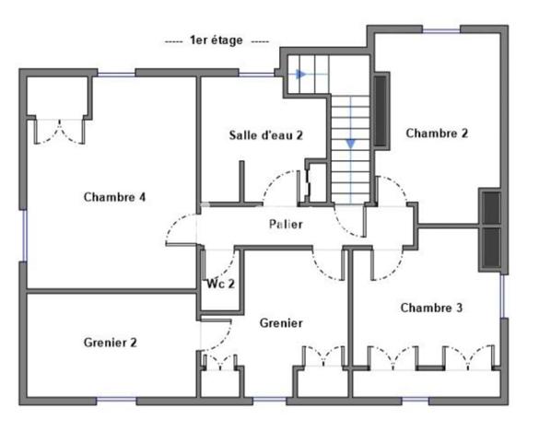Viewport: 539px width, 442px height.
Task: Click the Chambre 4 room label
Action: click(x=114, y=196)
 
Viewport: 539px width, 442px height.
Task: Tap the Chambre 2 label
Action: click(x=437, y=134)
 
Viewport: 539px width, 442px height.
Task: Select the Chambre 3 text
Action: click(x=431, y=308)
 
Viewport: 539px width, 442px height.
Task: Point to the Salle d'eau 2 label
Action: click(x=266, y=135)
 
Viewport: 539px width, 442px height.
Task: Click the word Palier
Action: click(x=286, y=224)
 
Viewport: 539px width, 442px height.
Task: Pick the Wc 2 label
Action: click(x=220, y=283)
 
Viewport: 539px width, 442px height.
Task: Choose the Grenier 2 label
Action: click(x=110, y=343)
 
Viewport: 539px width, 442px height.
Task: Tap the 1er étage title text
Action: click(x=216, y=41)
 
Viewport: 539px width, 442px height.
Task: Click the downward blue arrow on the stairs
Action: click(x=350, y=142)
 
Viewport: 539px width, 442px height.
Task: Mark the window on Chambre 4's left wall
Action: click(x=23, y=235)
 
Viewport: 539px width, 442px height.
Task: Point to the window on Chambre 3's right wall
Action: click(x=503, y=294)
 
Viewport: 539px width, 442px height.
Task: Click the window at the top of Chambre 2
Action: click(x=440, y=30)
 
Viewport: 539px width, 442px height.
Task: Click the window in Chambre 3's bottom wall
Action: click(x=415, y=400)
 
